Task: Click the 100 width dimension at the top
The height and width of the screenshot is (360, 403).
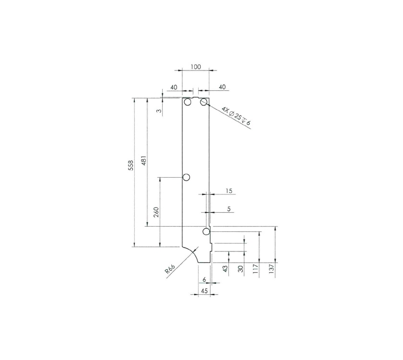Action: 195,67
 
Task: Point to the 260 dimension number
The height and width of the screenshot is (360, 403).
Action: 156,212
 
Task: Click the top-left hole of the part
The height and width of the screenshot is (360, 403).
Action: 188,102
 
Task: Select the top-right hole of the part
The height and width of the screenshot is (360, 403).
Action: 204,102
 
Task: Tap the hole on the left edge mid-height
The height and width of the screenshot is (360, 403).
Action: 187,178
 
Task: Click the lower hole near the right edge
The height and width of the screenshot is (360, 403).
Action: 206,232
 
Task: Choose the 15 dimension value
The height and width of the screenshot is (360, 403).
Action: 228,191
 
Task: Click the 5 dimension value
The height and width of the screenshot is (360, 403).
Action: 228,209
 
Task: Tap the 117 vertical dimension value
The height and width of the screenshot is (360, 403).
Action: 256,268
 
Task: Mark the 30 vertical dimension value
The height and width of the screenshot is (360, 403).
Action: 241,268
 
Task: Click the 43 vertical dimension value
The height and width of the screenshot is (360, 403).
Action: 226,268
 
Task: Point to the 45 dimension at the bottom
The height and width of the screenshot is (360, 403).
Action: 204,291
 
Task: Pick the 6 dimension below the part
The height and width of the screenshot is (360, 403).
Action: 204,279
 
